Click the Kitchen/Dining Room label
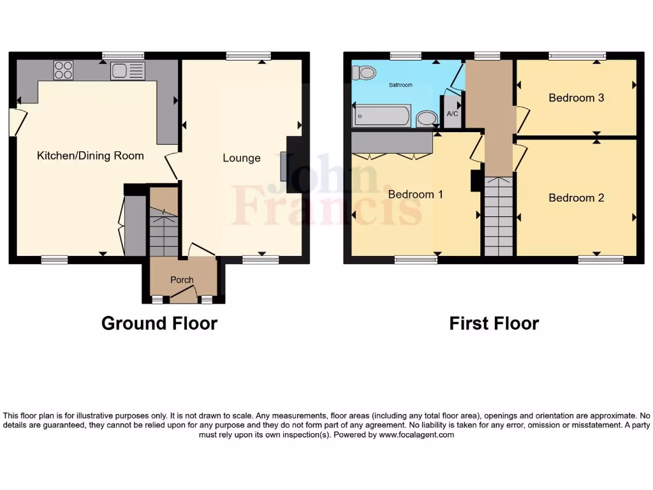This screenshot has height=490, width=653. tap(90, 156)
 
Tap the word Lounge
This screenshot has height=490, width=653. tap(241, 158)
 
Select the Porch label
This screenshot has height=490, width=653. tap(181, 280)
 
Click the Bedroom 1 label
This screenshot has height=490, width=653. tap(415, 194)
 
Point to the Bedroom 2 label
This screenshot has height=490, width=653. tap(576, 198)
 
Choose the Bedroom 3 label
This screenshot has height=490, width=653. tap(576, 98)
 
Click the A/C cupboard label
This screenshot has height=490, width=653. tap(452, 114)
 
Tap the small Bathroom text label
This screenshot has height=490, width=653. tap(400, 85)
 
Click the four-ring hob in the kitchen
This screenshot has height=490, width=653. tap(63, 70)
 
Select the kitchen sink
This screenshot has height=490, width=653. tap(128, 71)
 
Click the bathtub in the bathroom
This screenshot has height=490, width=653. tap(383, 116)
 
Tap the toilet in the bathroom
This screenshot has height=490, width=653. tap(367, 73)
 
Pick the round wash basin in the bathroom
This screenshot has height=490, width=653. tap(427, 118)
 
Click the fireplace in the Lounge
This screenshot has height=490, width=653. tap(284, 166)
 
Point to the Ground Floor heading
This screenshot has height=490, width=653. tap(159, 323)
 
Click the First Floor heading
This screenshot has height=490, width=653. tap(494, 323)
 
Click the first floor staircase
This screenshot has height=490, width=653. tap(498, 216)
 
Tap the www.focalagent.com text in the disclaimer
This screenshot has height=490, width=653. tap(416, 434)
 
